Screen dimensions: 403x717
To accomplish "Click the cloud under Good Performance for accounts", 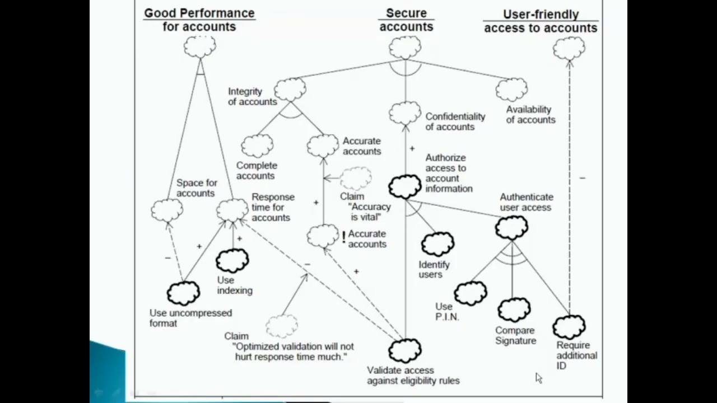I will (200, 47).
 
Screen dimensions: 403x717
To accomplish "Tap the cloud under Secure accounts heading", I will (405, 48).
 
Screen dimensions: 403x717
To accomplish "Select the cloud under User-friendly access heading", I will (569, 49).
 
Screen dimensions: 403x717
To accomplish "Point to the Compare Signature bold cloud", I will (514, 310).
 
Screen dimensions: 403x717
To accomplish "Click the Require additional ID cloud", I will (569, 326).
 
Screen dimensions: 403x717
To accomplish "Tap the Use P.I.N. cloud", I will (471, 293).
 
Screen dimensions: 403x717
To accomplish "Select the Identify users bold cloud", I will (437, 244).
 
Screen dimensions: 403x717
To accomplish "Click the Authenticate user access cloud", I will (511, 227).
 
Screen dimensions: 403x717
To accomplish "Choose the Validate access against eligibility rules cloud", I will (405, 350).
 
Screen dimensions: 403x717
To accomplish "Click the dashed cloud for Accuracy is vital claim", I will (356, 179).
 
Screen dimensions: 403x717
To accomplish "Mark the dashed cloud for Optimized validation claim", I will (281, 325).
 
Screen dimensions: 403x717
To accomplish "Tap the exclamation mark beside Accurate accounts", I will (343, 238).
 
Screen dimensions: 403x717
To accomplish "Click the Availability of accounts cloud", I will (511, 90).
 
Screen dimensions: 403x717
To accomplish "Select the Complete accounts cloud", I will (257, 146).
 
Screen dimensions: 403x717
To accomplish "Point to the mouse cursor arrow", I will (538, 378).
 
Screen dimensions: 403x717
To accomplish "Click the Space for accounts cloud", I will (167, 210).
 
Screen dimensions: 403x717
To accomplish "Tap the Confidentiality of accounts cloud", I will (405, 113).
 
